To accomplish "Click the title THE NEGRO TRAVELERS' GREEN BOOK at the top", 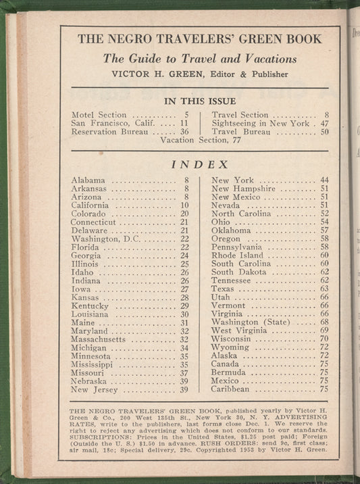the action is (199, 39).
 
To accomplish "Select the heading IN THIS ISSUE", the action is (199, 101).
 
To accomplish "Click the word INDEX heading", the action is (199, 164).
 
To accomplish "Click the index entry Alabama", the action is (88, 180).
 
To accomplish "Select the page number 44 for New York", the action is (324, 180).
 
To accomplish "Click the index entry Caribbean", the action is (230, 389).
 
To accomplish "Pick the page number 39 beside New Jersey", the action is (184, 389).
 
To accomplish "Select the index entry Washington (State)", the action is (248, 322).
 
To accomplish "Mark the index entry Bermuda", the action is (228, 372).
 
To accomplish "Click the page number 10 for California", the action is (184, 205).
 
